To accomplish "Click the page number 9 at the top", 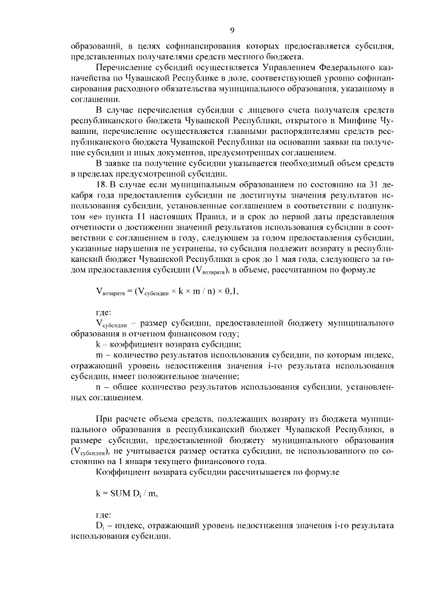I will (x=231, y=29).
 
